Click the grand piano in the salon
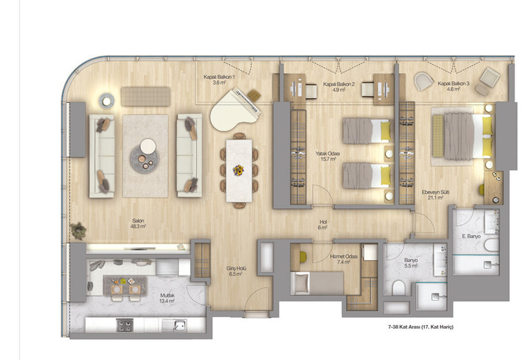point(234,110)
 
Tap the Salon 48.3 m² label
point(138,223)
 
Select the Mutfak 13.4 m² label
point(167,297)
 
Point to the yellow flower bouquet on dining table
point(239,170)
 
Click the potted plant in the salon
point(78,231)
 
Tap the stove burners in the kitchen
point(125,325)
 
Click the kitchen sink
point(179,325)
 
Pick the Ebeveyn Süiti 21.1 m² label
point(436,195)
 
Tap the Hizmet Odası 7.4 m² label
point(344,259)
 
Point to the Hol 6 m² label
point(323,225)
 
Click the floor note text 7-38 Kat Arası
point(403,327)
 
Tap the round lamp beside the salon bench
point(107,101)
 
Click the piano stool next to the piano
point(254,95)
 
